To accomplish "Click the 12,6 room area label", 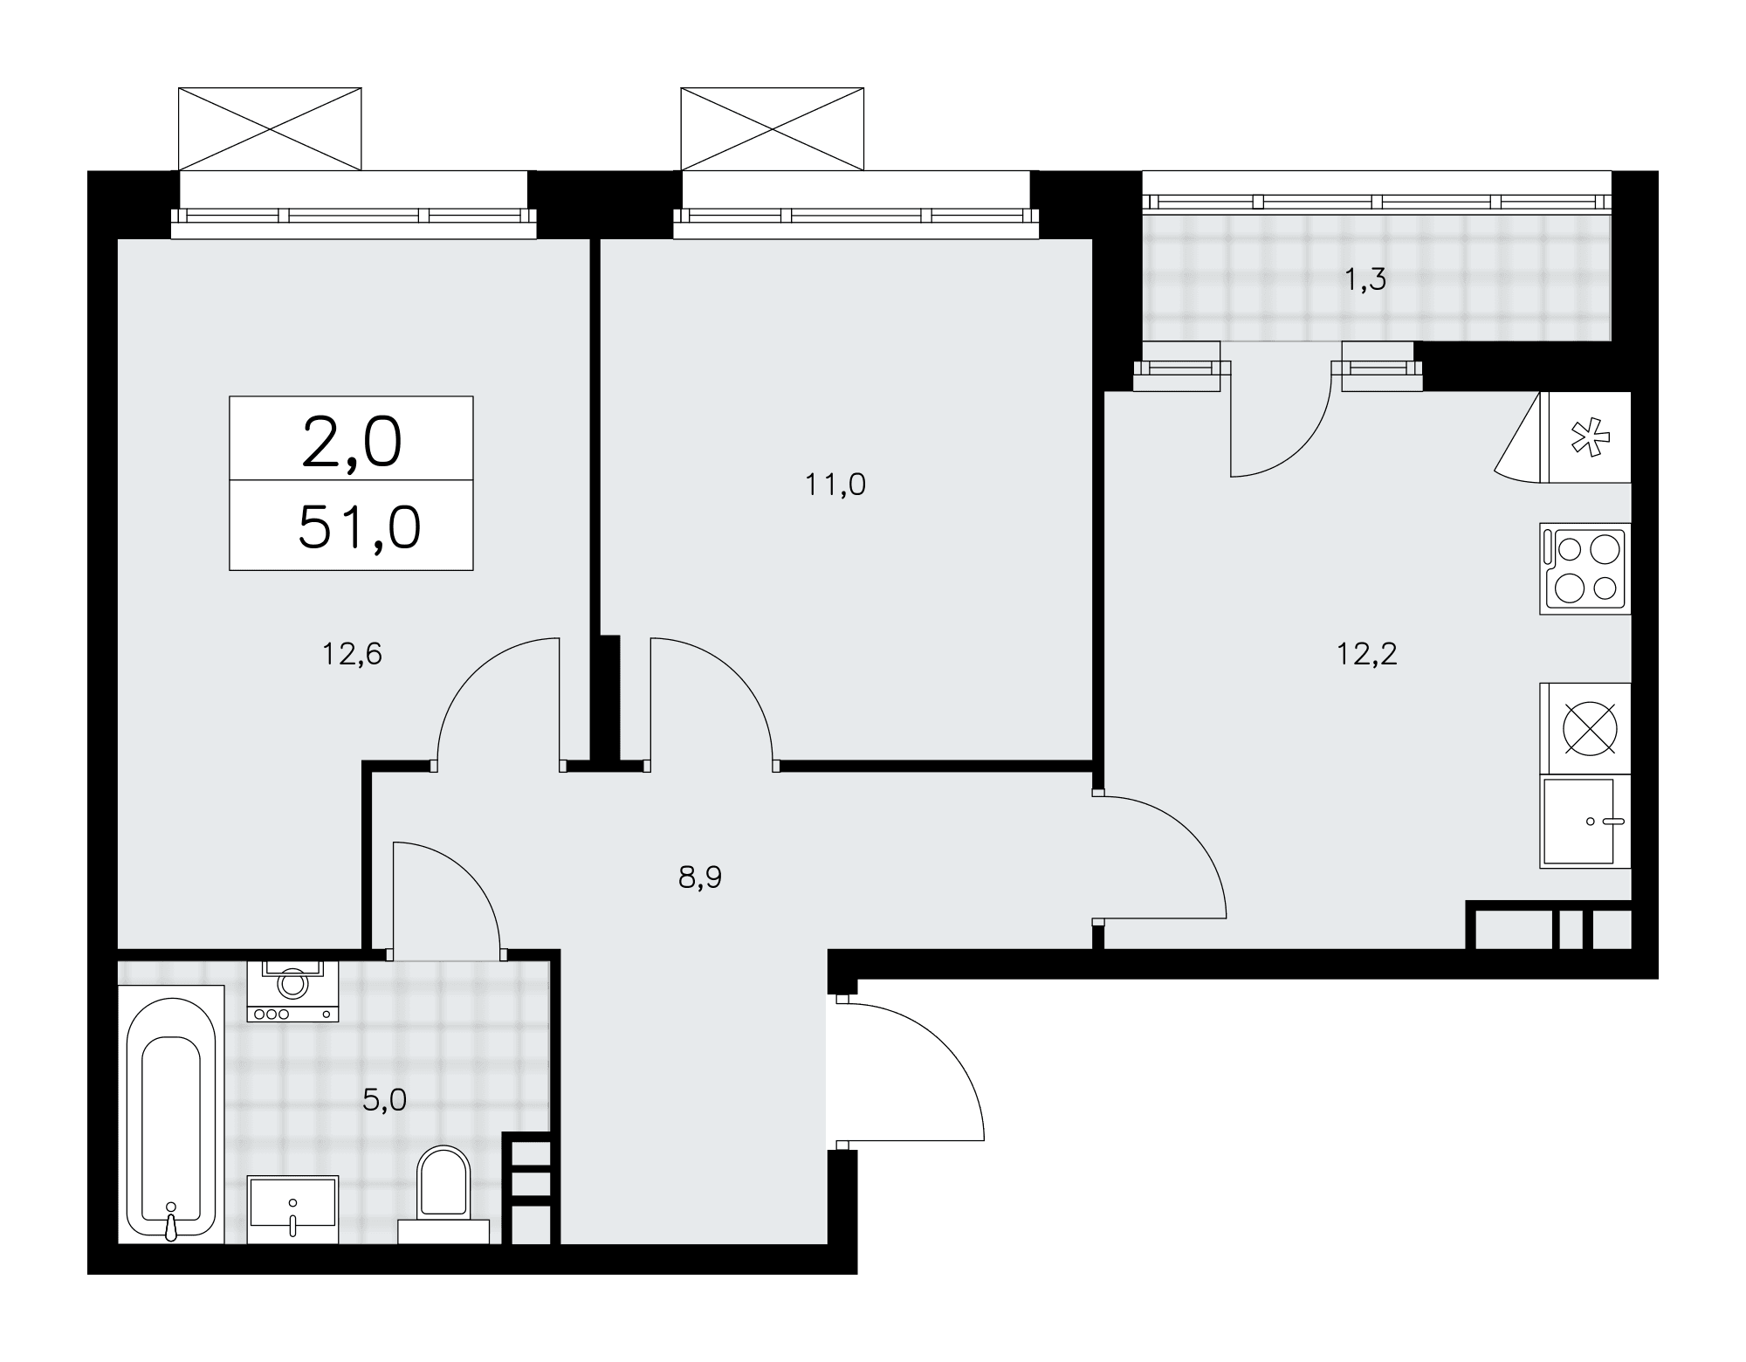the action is (353, 654).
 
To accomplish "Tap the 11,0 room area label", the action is (835, 485).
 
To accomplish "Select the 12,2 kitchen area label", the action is (1367, 654).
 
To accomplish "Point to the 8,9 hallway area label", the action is (700, 877).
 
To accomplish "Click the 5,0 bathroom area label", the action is (385, 1100).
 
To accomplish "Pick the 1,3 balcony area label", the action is (1366, 280).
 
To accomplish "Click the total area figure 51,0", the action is (360, 527).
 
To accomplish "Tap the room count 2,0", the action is (352, 442).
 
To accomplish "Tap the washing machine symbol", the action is (292, 991).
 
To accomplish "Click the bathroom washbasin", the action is (292, 1209).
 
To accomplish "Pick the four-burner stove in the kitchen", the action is (1584, 568).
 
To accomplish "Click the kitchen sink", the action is (1584, 822).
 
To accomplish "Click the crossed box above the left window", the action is (270, 129).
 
